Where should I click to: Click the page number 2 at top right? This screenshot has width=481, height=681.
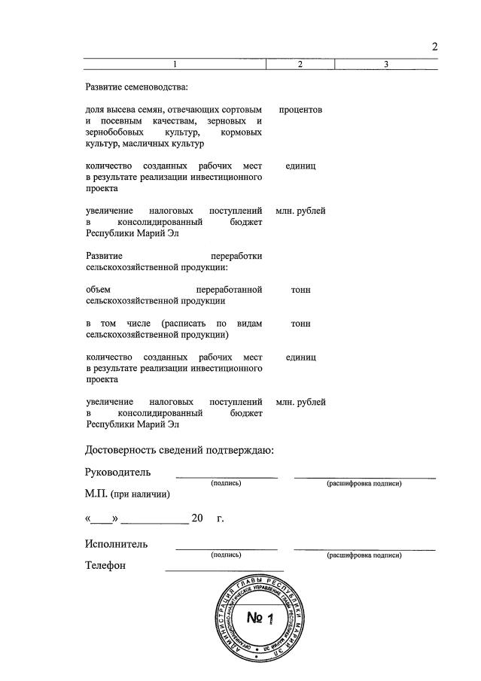click(434, 47)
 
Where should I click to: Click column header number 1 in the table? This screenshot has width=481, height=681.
click(175, 65)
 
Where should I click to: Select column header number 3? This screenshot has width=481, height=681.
click(385, 65)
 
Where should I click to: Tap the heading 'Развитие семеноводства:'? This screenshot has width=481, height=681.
click(131, 87)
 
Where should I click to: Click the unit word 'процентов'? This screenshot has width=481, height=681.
click(300, 110)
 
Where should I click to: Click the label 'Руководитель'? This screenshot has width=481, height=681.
click(117, 473)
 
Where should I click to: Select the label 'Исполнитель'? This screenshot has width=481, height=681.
click(116, 544)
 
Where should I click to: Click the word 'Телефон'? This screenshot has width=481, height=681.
click(105, 566)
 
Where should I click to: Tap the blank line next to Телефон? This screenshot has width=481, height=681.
click(224, 570)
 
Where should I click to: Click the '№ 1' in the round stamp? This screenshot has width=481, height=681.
click(258, 619)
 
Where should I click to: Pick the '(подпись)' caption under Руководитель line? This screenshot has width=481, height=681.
click(226, 483)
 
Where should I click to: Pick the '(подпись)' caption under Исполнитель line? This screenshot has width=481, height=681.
click(226, 555)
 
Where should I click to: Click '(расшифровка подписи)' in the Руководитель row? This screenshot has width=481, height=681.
click(364, 483)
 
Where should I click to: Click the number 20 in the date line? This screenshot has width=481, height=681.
click(198, 518)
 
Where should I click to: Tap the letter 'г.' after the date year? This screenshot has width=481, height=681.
click(221, 518)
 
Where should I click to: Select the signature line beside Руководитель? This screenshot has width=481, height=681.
click(227, 476)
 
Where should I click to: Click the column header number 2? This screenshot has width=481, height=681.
click(300, 65)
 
